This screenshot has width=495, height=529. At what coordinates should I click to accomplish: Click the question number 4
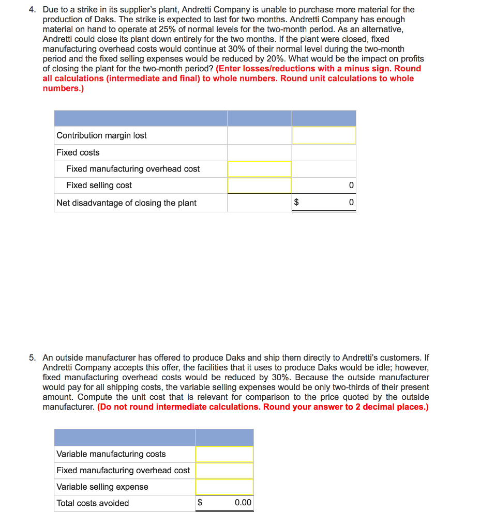click(32, 10)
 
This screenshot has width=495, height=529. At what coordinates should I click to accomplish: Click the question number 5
click(32, 357)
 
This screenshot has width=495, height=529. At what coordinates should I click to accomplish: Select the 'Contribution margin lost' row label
click(101, 135)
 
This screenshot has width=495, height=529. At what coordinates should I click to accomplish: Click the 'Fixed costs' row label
click(78, 152)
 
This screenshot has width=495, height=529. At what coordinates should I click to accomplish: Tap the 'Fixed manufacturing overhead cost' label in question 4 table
click(133, 169)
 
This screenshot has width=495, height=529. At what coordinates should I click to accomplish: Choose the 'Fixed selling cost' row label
click(99, 185)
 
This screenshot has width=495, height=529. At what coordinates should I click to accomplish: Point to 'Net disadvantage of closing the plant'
click(126, 203)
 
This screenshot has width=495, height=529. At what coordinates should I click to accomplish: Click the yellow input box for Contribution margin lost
click(324, 135)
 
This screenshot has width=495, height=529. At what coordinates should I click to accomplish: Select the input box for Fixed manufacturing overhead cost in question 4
click(259, 169)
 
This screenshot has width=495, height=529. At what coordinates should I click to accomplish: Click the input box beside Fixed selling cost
click(259, 185)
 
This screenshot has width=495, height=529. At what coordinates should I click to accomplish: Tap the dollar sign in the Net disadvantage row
click(296, 203)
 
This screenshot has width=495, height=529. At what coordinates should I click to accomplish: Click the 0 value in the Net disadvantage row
click(351, 203)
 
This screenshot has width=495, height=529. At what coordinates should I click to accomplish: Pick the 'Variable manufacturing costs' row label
click(111, 454)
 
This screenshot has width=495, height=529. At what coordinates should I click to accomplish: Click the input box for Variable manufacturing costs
click(224, 454)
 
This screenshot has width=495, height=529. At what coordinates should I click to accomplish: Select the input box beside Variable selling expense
click(224, 487)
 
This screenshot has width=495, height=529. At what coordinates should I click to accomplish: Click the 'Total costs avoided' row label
click(93, 503)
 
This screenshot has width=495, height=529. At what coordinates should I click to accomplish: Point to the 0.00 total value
click(243, 503)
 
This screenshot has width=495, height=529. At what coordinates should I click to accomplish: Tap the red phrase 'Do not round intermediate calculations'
click(178, 407)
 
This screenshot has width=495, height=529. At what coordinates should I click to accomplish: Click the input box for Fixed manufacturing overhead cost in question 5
click(224, 471)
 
